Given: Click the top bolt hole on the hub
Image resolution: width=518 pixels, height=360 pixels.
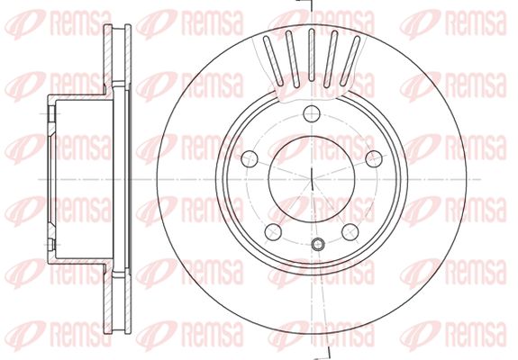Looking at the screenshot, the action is (312, 114).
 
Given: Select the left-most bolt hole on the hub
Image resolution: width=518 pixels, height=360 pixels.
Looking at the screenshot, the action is (250, 158).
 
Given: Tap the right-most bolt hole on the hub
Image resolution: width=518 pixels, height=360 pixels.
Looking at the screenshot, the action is (374, 158).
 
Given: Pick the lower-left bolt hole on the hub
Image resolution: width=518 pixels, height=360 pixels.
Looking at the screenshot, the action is (273, 232).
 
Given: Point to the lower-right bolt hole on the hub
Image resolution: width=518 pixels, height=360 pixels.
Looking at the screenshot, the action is (350, 232).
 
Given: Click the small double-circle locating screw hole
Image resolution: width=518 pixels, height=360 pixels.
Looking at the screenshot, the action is (318, 244).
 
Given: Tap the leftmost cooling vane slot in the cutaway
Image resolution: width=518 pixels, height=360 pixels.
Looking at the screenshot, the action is (273, 59).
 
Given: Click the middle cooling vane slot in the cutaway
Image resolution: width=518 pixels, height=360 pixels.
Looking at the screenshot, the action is (311, 55).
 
